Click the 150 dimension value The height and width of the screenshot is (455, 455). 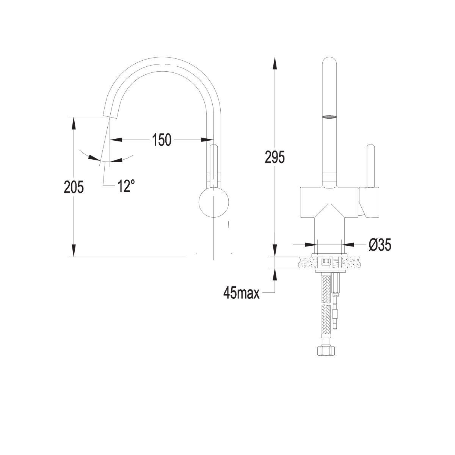coord(162,140)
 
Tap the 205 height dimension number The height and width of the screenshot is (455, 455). coord(74,187)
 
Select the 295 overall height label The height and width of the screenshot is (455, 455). coord(275,157)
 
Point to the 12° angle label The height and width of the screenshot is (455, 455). coord(126,185)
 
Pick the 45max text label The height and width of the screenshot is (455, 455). coord(241,293)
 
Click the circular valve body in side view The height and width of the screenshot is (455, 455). coord(214,202)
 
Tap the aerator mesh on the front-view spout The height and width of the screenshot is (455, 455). coord(329,116)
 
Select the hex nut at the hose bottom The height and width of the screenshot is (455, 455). coord(326,357)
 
